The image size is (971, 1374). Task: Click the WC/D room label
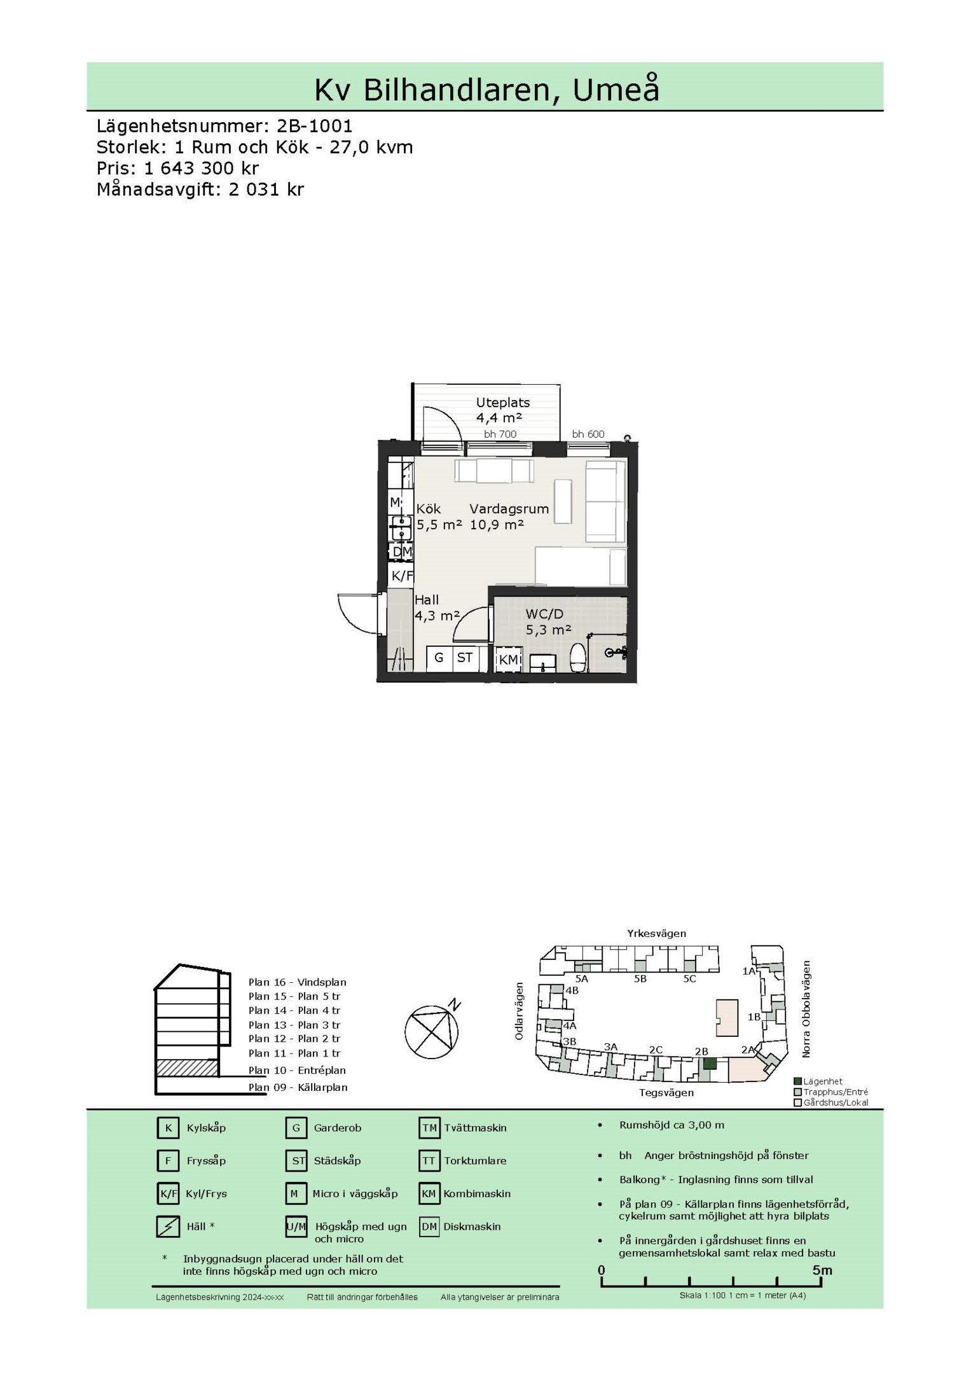coord(544,614)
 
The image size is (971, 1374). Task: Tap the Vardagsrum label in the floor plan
coord(509,509)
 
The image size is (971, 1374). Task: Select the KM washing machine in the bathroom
coord(508,660)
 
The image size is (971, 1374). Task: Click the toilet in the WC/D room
coord(577,657)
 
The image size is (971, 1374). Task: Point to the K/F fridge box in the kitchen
coord(401,576)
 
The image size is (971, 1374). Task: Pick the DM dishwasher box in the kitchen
coord(401,552)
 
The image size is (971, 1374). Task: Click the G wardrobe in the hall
coord(439,658)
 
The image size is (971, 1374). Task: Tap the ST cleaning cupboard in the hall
coord(465,658)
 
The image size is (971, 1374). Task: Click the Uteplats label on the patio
coord(502,402)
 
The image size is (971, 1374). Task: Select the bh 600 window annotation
coord(588,434)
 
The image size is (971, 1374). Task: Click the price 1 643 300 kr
coord(201,168)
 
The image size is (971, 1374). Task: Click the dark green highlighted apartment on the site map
coord(710,1063)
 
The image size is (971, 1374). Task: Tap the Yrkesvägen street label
coord(656,933)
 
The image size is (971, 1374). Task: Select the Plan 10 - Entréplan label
coord(297,1070)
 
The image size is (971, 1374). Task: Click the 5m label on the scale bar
coord(822,1270)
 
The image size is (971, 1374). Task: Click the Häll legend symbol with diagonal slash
coord(168,1226)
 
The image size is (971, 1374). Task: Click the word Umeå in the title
coord(616,89)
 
